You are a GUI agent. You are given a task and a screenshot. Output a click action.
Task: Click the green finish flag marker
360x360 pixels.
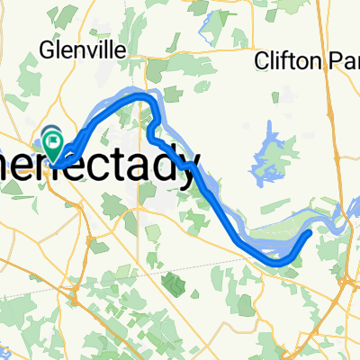53,141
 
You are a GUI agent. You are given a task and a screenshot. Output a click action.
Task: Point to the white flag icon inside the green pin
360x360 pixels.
53,139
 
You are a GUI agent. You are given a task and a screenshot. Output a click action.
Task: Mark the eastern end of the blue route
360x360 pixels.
310,232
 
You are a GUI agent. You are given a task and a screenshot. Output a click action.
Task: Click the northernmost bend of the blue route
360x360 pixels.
139,94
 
